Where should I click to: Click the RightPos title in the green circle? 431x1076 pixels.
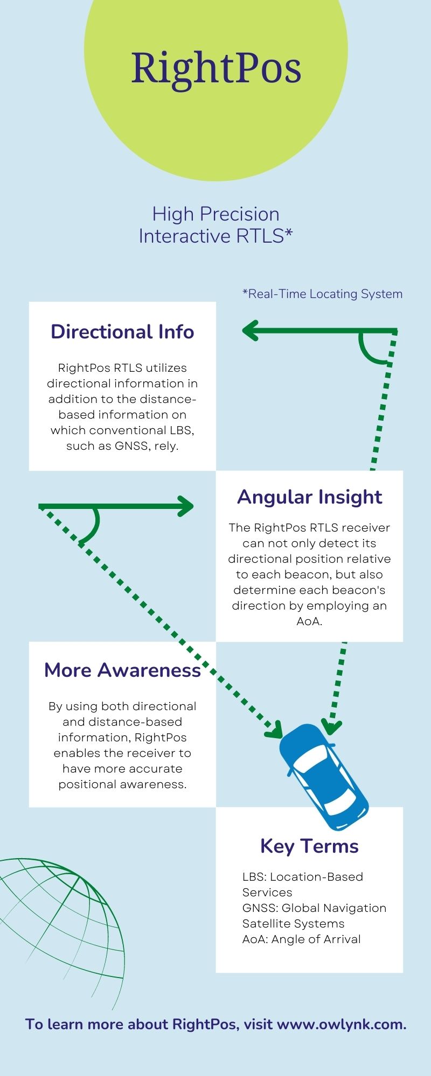tap(216, 69)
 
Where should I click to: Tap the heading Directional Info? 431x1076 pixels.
tap(122, 332)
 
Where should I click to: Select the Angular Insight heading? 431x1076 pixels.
tap(310, 497)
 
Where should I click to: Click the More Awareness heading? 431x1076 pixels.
tap(122, 670)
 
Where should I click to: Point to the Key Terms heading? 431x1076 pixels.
tap(309, 846)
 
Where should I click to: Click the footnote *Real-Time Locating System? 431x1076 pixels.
tap(322, 294)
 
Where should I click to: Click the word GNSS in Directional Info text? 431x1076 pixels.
tap(130, 446)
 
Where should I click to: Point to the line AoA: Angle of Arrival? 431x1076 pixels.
tap(301, 939)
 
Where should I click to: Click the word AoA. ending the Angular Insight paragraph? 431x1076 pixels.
tap(309, 621)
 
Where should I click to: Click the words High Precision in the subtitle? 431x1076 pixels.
tap(215, 214)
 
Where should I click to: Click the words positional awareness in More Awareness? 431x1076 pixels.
tap(122, 784)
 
